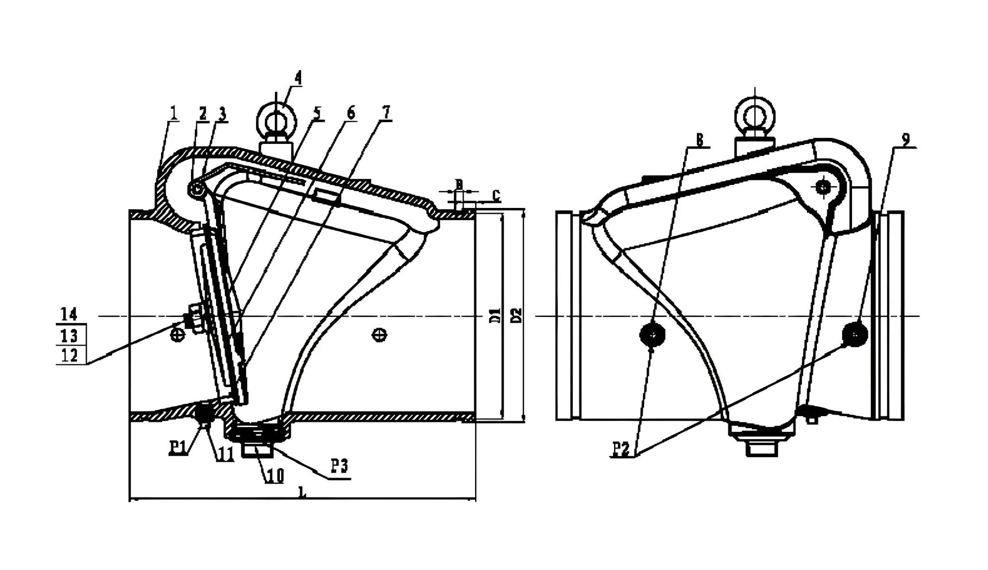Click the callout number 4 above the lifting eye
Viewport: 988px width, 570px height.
click(298, 78)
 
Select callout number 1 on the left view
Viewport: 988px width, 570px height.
click(174, 112)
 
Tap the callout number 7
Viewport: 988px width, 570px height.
click(386, 112)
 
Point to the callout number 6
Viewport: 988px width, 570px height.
click(351, 112)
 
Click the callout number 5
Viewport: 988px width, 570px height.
click(316, 112)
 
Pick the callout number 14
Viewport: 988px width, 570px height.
click(69, 314)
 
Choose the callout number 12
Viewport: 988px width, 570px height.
click(69, 356)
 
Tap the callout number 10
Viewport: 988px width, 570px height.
click(274, 475)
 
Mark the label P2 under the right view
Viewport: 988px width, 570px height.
click(621, 449)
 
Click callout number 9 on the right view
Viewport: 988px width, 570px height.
click(906, 139)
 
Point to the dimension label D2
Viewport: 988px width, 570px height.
click(517, 316)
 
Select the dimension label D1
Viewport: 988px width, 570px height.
click(497, 316)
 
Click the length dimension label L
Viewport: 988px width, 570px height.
click(302, 492)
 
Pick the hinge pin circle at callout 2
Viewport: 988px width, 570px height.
click(197, 189)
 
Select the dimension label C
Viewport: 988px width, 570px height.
click(496, 195)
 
